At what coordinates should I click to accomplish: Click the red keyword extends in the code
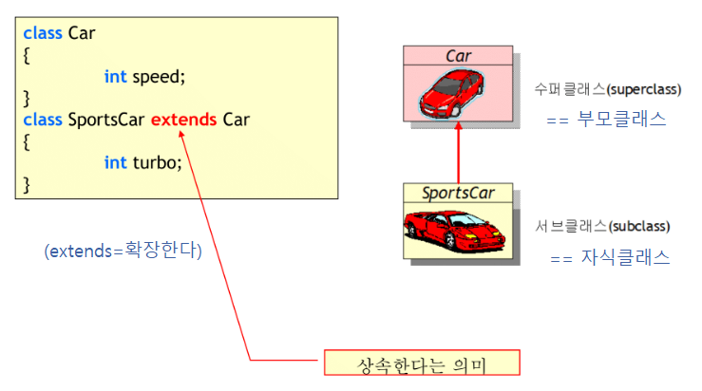[x=184, y=121]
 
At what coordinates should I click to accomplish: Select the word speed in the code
[x=156, y=77]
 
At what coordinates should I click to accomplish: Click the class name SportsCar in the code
[x=106, y=121]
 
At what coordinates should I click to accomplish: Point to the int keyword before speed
[x=115, y=77]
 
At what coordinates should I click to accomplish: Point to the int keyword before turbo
[x=115, y=162]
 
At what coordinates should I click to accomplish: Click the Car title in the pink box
[x=459, y=56]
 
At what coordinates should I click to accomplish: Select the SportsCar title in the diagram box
[x=458, y=194]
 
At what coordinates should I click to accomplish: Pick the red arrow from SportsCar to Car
[x=459, y=154]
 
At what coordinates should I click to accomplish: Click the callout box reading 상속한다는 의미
[x=421, y=363]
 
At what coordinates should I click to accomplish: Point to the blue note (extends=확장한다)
[x=123, y=251]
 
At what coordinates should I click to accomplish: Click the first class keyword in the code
[x=43, y=33]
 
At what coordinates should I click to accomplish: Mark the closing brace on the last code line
[x=27, y=182]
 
